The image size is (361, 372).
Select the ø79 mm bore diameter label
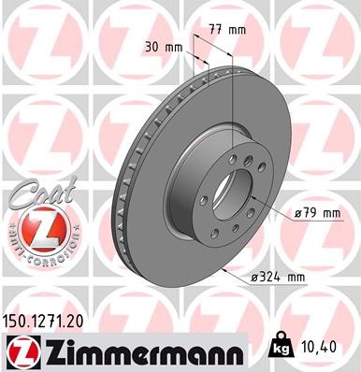pyautogui.click(x=315, y=213)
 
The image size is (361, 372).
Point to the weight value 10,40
pyautogui.click(x=320, y=347)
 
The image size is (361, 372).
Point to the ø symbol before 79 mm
pyautogui.click(x=296, y=213)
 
